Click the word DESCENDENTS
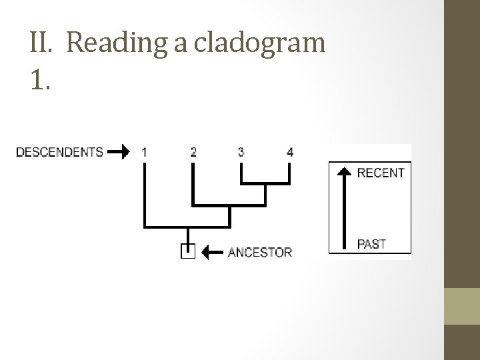pyautogui.click(x=59, y=152)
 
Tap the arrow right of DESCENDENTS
pyautogui.click(x=119, y=152)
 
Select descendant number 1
pyautogui.click(x=144, y=152)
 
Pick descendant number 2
pyautogui.click(x=193, y=152)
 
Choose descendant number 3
pyautogui.click(x=241, y=152)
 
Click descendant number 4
pyautogui.click(x=289, y=152)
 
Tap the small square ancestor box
pyautogui.click(x=187, y=251)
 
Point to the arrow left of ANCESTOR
pyautogui.click(x=211, y=252)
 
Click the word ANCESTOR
pyautogui.click(x=260, y=252)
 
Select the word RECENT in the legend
pyautogui.click(x=381, y=173)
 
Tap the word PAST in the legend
pyautogui.click(x=371, y=244)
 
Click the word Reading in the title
pyautogui.click(x=112, y=44)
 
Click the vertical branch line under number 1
pyautogui.click(x=144, y=193)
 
